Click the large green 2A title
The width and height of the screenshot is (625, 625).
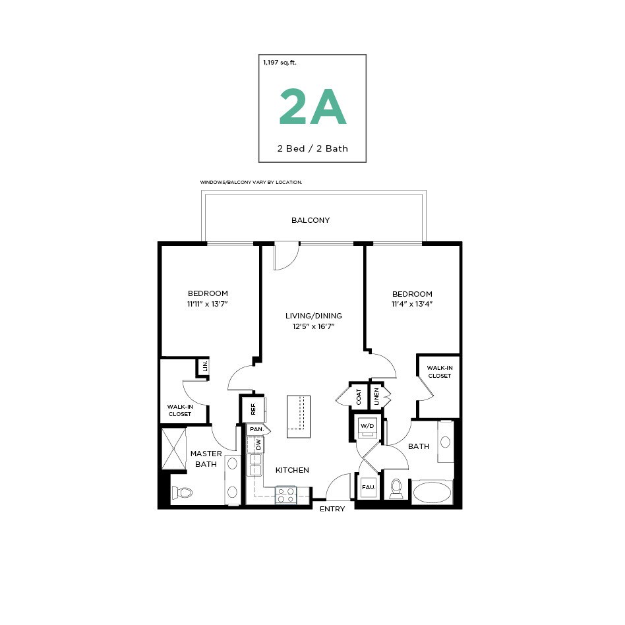pyautogui.click(x=312, y=108)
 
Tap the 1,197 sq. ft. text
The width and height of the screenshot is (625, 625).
pyautogui.click(x=280, y=63)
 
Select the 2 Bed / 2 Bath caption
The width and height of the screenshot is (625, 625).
pyautogui.click(x=312, y=148)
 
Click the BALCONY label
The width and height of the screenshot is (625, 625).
pyautogui.click(x=311, y=220)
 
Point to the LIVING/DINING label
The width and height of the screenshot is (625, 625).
pyautogui.click(x=313, y=316)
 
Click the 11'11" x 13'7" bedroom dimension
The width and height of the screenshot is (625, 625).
pyautogui.click(x=208, y=304)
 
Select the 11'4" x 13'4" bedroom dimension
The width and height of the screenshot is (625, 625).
pyautogui.click(x=412, y=304)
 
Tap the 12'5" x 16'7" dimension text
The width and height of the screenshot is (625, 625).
pyautogui.click(x=313, y=326)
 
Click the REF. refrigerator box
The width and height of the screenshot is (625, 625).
pyautogui.click(x=253, y=409)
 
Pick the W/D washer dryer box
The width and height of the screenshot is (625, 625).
pyautogui.click(x=367, y=427)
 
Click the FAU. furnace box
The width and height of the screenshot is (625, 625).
pyautogui.click(x=369, y=487)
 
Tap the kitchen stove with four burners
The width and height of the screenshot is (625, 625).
pyautogui.click(x=285, y=495)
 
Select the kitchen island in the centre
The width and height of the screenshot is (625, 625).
pyautogui.click(x=298, y=416)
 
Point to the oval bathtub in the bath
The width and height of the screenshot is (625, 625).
pyautogui.click(x=432, y=492)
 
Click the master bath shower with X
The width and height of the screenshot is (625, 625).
pyautogui.click(x=174, y=448)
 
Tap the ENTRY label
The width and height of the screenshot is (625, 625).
pyautogui.click(x=332, y=509)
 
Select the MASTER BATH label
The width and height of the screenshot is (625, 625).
pyautogui.click(x=206, y=459)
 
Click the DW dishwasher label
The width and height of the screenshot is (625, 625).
pyautogui.click(x=258, y=445)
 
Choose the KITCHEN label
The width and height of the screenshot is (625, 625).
pyautogui.click(x=292, y=470)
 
